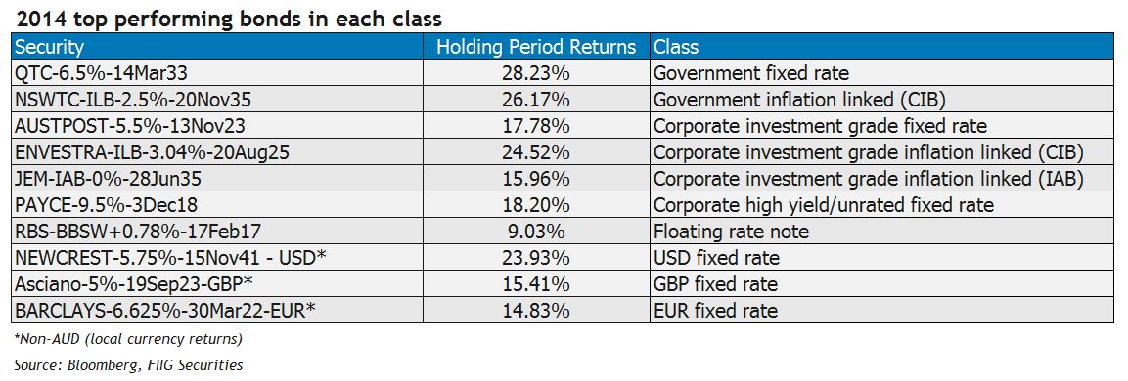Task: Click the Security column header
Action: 50,47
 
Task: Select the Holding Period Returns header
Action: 536,47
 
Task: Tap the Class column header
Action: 676,47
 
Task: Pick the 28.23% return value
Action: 536,72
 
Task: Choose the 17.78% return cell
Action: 536,125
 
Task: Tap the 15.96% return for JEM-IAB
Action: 536,178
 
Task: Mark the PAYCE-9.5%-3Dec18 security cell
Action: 88,205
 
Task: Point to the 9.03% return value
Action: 536,232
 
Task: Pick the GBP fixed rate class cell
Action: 715,284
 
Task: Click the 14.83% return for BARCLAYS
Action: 536,311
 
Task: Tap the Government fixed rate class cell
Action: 751,72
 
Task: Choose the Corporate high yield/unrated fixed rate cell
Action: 823,205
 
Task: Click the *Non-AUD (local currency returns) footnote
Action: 128,340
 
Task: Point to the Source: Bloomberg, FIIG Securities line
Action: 128,365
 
